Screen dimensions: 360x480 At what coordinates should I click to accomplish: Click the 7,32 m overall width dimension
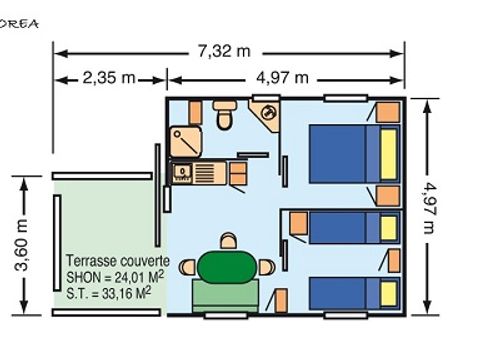[x=229, y=51]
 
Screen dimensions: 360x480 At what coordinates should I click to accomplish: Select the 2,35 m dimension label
[x=109, y=78]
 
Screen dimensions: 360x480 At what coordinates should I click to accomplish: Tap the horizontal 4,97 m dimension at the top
[x=284, y=78]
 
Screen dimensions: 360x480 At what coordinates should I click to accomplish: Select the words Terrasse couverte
[x=117, y=260]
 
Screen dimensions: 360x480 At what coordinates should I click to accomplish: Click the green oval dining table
[x=228, y=267]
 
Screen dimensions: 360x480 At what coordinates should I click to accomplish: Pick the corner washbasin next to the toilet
[x=267, y=115]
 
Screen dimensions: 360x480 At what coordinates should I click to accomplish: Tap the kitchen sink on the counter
[x=184, y=173]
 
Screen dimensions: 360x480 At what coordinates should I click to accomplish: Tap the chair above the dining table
[x=229, y=241]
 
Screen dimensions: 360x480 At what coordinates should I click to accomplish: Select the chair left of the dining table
[x=190, y=267]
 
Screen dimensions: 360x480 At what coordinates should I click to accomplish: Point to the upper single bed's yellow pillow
[x=387, y=227]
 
